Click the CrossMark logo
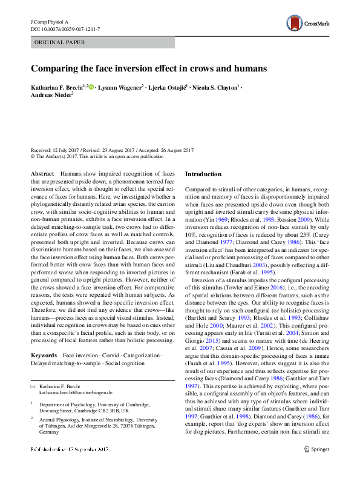(307, 24)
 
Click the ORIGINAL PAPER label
(60, 42)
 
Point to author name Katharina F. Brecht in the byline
(57, 88)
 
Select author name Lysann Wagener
(120, 88)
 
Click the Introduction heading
(203, 174)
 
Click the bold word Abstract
(42, 174)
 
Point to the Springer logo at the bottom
(318, 466)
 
